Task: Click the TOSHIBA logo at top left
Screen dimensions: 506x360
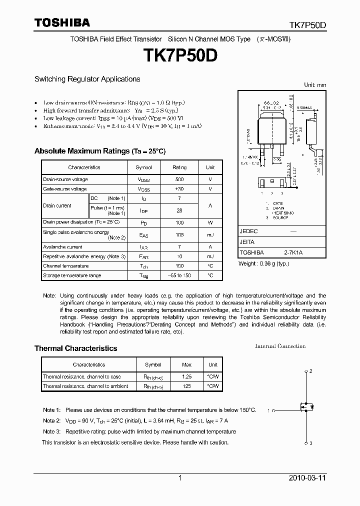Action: (x=62, y=22)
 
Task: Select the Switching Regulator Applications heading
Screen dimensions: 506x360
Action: (x=87, y=79)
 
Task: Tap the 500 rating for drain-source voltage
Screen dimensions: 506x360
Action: (x=179, y=179)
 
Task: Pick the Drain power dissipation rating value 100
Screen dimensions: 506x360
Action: (x=179, y=222)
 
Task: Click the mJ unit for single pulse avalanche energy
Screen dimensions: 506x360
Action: (x=210, y=234)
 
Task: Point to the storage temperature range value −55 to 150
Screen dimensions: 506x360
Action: (x=179, y=275)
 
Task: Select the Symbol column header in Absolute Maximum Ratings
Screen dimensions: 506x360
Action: (x=144, y=167)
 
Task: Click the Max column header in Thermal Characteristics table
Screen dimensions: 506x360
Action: (x=187, y=364)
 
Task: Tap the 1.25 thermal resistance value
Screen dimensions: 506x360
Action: (x=187, y=376)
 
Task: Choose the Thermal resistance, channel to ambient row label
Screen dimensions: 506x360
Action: (x=85, y=386)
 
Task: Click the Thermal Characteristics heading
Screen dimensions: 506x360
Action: (x=75, y=348)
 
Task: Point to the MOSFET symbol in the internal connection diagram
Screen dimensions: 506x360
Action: (x=306, y=407)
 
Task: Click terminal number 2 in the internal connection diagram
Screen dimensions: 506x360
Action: (x=310, y=371)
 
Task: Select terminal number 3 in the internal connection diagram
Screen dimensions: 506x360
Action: (x=310, y=443)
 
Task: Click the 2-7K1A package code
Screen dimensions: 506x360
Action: (x=293, y=253)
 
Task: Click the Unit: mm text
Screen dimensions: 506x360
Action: (x=315, y=85)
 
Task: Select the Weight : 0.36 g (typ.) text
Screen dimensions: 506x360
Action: (x=263, y=263)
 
